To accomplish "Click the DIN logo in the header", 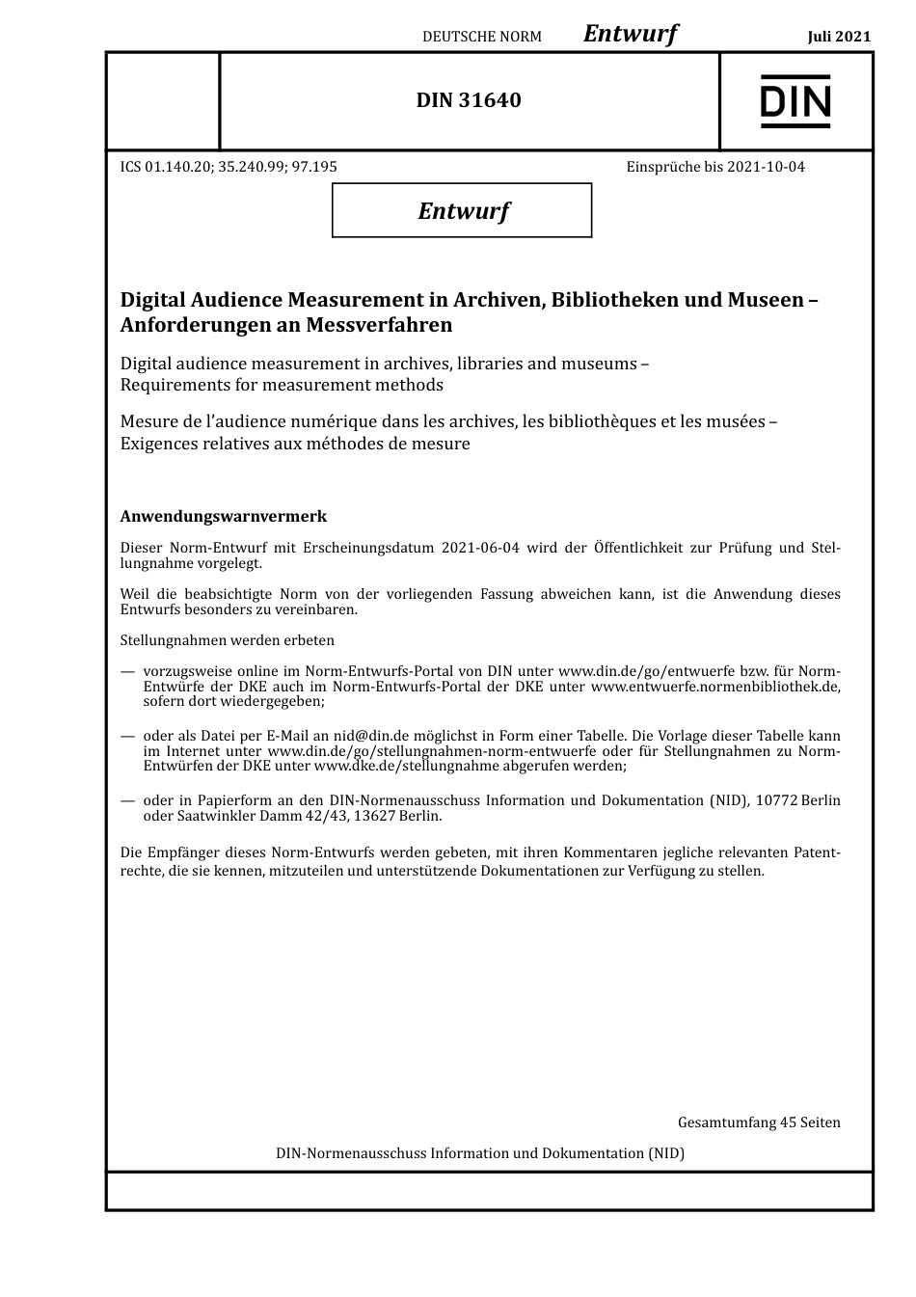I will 795,101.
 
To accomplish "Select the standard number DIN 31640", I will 469,100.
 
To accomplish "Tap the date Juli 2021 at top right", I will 838,37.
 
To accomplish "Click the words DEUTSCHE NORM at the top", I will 482,37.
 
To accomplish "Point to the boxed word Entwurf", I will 463,210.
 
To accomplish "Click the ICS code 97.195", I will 314,166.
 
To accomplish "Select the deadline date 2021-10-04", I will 766,166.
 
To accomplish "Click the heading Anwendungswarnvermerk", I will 223,517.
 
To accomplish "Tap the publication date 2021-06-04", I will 479,548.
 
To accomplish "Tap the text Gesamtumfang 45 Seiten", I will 759,1121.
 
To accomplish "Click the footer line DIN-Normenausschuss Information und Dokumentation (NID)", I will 480,1152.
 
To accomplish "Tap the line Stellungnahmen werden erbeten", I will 228,639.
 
